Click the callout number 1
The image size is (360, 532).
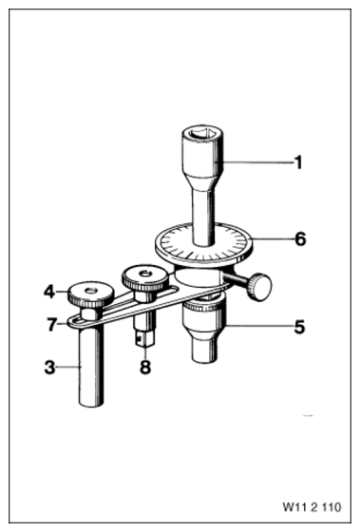pos(297,162)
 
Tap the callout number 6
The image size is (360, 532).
pos(300,238)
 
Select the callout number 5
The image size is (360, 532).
pos(299,327)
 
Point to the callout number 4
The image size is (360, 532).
pos(49,292)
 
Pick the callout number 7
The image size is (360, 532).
pos(51,324)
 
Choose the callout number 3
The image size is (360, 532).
pos(50,367)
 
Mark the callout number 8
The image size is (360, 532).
pos(145,367)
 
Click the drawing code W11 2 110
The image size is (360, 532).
pos(312,507)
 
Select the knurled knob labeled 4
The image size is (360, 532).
pos(90,294)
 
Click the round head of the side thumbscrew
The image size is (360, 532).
pos(260,286)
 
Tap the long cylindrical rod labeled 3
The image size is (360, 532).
pos(90,367)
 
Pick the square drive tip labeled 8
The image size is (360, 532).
pos(145,339)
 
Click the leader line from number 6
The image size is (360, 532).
pos(273,239)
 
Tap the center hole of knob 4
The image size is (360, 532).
pos(91,290)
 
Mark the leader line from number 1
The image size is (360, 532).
pos(258,162)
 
